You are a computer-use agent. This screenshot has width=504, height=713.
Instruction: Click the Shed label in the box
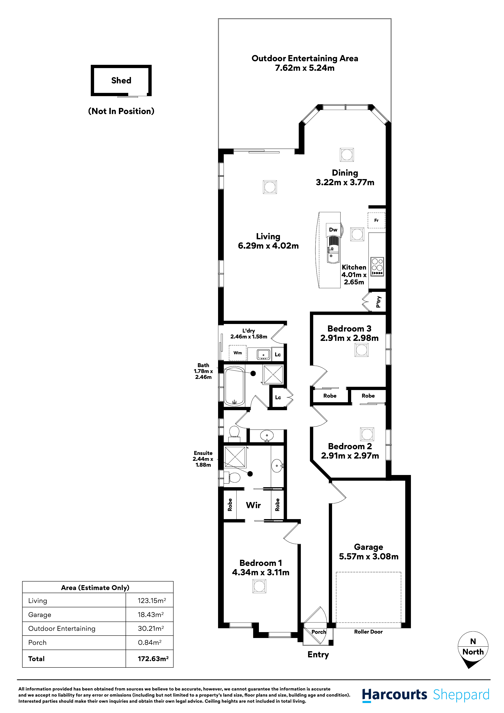(121, 80)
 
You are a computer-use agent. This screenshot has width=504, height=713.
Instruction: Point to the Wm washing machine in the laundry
(238, 353)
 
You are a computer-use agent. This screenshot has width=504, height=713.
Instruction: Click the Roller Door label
(368, 632)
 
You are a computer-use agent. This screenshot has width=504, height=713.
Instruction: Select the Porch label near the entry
(319, 632)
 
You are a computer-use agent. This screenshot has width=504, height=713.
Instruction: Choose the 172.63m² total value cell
(153, 659)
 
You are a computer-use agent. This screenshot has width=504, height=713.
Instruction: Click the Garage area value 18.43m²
(151, 615)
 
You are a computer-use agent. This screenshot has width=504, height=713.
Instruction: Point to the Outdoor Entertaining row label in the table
(62, 628)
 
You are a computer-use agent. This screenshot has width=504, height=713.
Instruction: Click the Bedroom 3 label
(349, 328)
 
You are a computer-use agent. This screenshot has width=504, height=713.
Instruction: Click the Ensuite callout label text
(203, 459)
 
